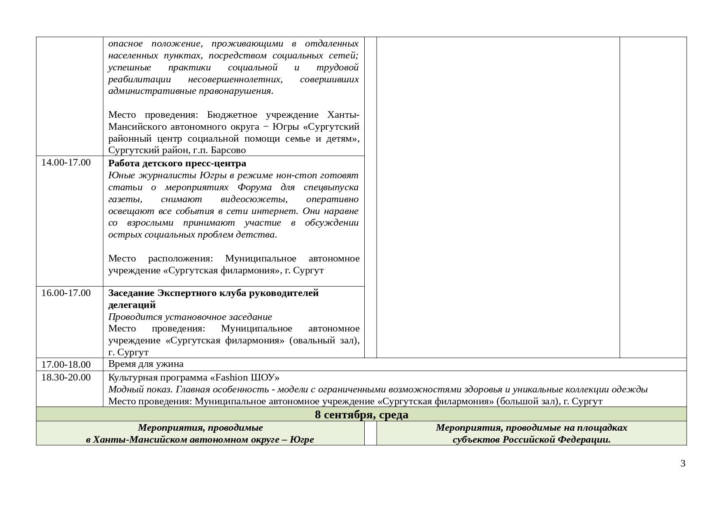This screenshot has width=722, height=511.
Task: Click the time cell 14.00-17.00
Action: pyautogui.click(x=66, y=162)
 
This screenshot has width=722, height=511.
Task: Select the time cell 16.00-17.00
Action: pyautogui.click(x=66, y=293)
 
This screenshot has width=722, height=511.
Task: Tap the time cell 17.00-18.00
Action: pyautogui.click(x=66, y=364)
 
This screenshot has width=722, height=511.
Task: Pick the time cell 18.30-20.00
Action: pyautogui.click(x=66, y=377)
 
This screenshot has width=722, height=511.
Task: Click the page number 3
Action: pyautogui.click(x=683, y=463)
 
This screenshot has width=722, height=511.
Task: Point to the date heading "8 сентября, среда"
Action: pyautogui.click(x=361, y=414)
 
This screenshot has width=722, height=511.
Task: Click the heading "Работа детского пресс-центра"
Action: pyautogui.click(x=177, y=163)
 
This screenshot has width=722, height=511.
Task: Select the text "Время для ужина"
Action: pyautogui.click(x=146, y=364)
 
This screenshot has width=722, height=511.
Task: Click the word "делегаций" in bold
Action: pyautogui.click(x=132, y=305)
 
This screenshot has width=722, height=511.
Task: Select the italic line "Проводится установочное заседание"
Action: pyautogui.click(x=190, y=317)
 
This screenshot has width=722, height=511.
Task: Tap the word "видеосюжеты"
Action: pyautogui.click(x=254, y=199)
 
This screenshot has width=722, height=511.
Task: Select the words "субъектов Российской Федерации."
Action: pyautogui.click(x=531, y=440)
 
